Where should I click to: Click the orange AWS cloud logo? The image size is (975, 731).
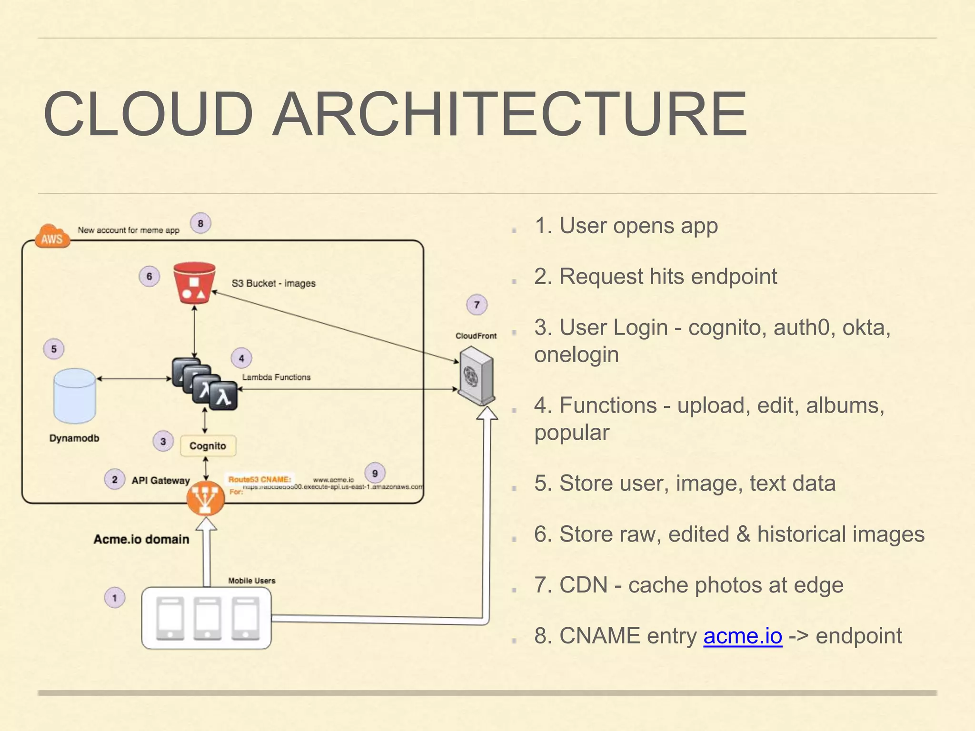[52, 237]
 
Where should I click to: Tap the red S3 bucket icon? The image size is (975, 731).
[194, 283]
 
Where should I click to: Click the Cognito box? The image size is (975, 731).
[208, 446]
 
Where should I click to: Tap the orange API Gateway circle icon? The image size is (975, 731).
[206, 498]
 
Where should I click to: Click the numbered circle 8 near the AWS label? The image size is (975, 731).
[200, 223]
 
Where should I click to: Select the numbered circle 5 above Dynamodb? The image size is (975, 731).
[54, 349]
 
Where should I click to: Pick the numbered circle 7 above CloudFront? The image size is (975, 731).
[477, 305]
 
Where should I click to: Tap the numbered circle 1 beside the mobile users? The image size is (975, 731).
[114, 598]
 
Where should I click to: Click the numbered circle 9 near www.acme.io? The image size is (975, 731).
[375, 473]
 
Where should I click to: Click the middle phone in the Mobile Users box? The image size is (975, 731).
[207, 619]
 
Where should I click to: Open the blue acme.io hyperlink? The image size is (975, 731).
[743, 636]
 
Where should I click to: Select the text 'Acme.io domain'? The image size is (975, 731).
[141, 539]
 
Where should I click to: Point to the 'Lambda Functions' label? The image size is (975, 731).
[276, 377]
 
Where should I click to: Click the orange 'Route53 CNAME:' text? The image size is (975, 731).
[259, 479]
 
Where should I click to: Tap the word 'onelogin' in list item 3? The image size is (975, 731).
[576, 355]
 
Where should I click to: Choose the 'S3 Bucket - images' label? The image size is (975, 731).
[273, 283]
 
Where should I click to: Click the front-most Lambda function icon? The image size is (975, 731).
[223, 396]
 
